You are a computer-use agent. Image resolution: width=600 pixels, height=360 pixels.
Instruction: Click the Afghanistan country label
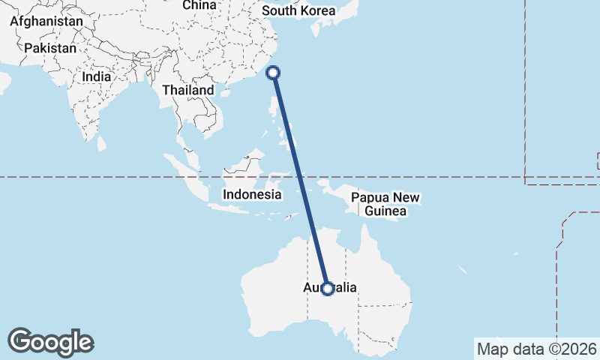46,22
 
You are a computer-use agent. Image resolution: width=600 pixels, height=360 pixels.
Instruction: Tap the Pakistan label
50,48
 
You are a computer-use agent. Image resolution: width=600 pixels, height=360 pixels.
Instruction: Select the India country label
97,76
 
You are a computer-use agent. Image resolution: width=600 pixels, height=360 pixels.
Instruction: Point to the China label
199,5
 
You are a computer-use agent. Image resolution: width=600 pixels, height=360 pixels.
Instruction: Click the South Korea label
298,10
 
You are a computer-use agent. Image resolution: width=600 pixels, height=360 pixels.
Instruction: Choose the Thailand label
188,90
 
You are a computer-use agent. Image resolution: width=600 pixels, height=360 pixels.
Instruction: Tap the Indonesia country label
252,194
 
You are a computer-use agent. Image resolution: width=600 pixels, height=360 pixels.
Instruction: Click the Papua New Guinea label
385,205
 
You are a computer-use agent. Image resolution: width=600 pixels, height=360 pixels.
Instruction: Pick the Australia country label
331,288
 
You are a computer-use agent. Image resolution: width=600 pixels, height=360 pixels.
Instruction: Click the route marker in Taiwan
274,73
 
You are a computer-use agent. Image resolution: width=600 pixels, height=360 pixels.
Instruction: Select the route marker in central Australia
328,288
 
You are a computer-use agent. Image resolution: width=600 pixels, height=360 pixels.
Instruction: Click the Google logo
50,342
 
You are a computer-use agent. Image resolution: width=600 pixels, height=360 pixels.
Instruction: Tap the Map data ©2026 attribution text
537,349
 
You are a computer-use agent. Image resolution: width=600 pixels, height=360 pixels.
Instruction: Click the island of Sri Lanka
102,142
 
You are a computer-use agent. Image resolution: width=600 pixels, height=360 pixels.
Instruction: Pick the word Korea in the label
317,10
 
